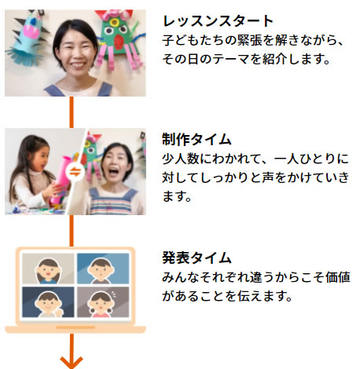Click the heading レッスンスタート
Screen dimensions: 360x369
218,21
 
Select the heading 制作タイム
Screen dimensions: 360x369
197,139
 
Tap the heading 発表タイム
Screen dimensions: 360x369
197,258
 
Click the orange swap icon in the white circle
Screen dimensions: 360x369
75,172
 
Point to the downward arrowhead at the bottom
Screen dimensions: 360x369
72,362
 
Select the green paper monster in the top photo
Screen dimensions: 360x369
118,39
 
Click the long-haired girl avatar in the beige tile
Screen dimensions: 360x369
48,271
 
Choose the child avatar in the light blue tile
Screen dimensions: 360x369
101,271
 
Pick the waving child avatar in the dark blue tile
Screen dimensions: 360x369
50,305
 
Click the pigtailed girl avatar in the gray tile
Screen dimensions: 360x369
101,305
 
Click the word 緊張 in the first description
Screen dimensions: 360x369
250,40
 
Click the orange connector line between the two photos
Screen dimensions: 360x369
72,112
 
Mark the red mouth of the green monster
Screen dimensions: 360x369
120,42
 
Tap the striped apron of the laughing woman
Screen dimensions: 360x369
112,202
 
